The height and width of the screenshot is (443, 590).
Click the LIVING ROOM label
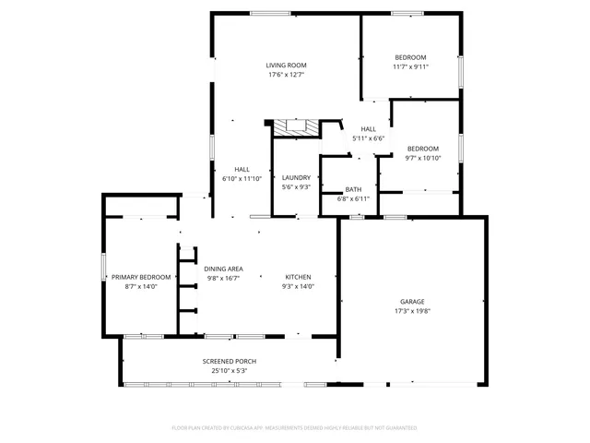[x=286, y=66]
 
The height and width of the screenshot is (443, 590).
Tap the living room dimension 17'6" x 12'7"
[x=286, y=75]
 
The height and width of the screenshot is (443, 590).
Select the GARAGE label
[x=411, y=302]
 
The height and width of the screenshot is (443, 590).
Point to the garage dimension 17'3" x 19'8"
[x=411, y=312]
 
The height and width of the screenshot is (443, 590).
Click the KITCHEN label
[x=298, y=277]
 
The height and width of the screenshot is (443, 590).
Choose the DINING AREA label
[x=223, y=268]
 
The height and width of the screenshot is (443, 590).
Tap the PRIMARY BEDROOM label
[x=141, y=277]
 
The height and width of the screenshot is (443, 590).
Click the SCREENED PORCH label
[x=230, y=361]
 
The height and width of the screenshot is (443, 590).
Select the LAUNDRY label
[x=296, y=177]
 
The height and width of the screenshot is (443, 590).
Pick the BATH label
[x=353, y=188]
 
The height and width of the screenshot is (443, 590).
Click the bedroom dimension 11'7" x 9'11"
[x=410, y=66]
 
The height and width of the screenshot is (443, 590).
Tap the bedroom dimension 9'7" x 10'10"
[x=423, y=158]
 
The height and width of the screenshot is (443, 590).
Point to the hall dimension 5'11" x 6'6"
[x=368, y=138]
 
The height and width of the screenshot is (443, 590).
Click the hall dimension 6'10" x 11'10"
[x=242, y=179]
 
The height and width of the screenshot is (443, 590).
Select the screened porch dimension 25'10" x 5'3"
[x=230, y=370]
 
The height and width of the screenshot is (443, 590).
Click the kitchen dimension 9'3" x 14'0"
[x=298, y=286]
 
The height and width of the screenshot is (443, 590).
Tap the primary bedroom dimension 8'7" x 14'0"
[x=141, y=286]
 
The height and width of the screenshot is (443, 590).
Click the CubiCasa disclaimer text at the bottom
[x=295, y=427]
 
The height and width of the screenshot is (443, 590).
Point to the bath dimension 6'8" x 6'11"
[x=353, y=198]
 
